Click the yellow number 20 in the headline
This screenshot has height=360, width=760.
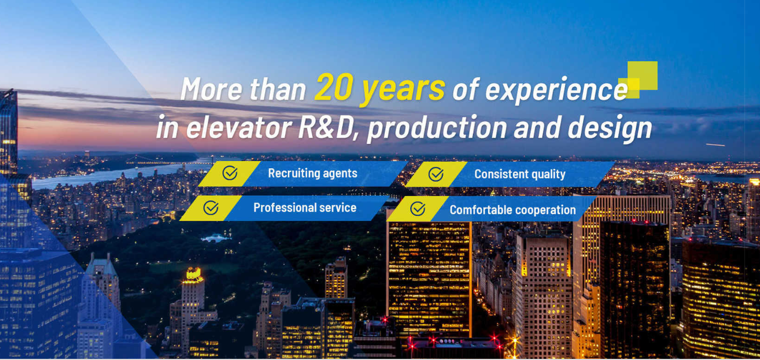point(334,87)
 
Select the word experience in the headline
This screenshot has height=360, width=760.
point(557,91)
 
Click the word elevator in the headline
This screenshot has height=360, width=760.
point(239,127)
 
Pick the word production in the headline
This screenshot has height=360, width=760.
point(438,129)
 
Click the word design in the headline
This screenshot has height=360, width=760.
point(610,129)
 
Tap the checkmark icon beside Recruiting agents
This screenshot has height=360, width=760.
point(230,173)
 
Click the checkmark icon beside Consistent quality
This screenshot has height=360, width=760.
point(436,174)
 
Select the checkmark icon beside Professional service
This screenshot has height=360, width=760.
point(211,207)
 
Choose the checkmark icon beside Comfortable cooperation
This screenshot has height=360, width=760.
point(418,209)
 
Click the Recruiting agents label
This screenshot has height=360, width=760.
point(312,173)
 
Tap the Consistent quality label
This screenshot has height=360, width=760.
point(520,175)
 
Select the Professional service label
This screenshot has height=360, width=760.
point(305,207)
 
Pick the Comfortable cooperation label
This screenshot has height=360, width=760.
point(513,210)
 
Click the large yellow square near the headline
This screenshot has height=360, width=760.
point(643,75)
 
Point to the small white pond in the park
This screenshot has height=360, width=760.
point(215,238)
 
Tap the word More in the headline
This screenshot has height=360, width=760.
point(211,89)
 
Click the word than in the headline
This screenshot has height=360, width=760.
point(278,89)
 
